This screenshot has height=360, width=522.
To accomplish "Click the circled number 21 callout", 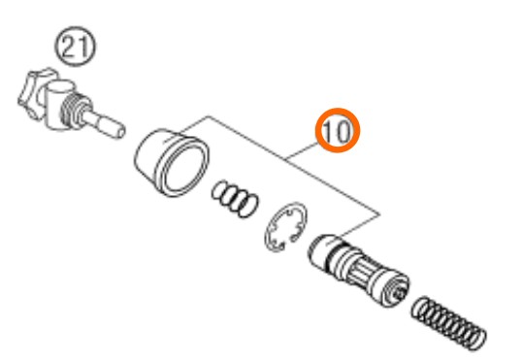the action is tap(76, 47).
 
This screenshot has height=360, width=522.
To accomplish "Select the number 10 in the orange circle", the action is tap(338, 131).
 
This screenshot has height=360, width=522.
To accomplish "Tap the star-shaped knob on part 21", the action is tap(33, 93).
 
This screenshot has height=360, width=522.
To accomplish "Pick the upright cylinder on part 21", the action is tap(57, 105).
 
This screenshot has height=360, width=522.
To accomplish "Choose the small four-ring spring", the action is tap(235, 199).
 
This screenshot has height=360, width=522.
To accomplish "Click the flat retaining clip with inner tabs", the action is tap(285, 226).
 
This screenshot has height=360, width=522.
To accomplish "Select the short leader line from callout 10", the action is tap(303, 150).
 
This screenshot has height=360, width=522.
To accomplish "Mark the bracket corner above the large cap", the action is tap(209, 116).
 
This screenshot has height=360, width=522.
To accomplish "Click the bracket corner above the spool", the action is tap(379, 214).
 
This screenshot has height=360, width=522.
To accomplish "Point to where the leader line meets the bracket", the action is tap(286, 160).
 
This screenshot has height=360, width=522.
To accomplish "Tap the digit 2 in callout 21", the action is tap(69, 47).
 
